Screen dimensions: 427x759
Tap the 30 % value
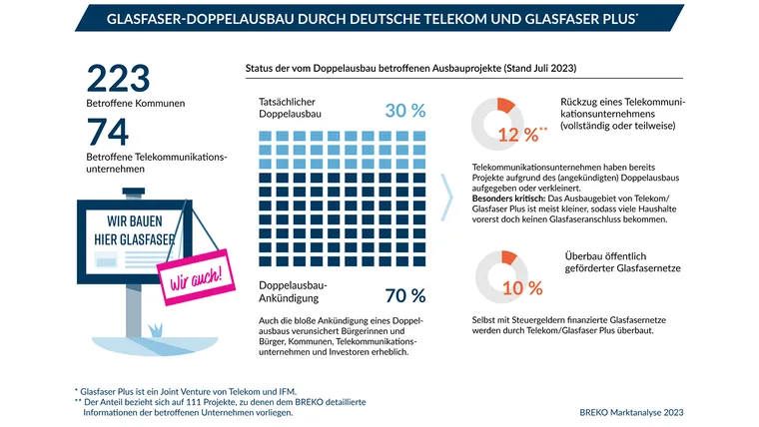pos(404,111)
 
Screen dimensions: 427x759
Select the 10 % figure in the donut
pos(522,288)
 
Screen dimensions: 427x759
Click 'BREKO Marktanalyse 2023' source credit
pos(630,412)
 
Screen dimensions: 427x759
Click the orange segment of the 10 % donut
pos(509,259)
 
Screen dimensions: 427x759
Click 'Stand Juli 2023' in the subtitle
pos(537,68)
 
